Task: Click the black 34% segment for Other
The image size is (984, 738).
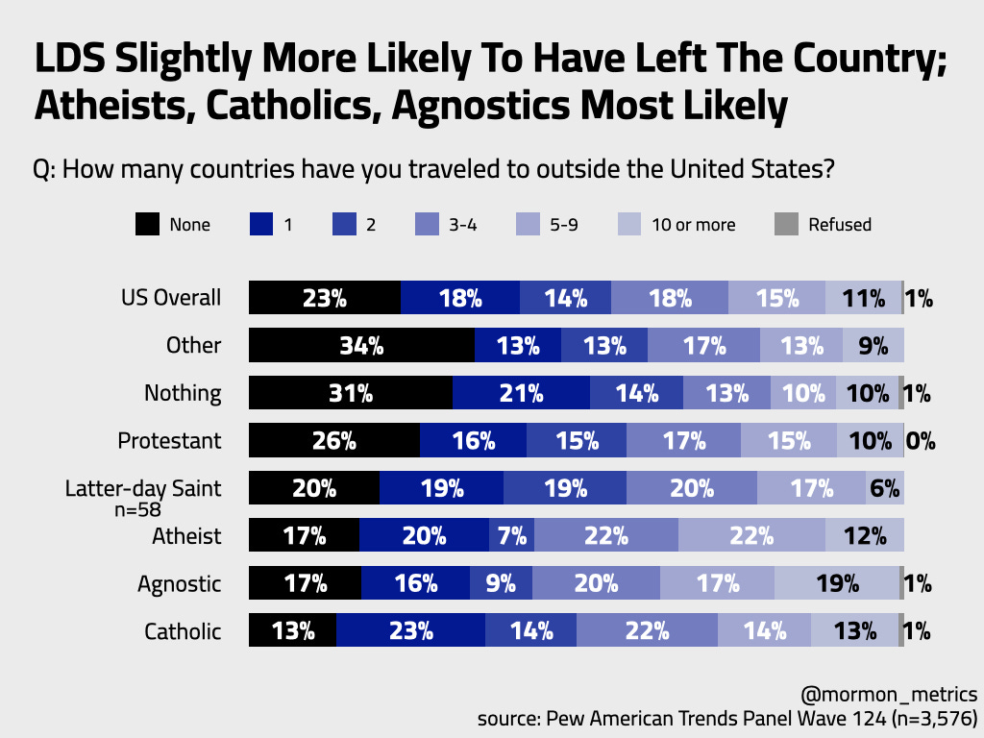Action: pyautogui.click(x=361, y=346)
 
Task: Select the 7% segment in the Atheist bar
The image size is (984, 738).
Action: pyautogui.click(x=511, y=536)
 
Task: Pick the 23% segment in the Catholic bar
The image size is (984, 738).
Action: pyautogui.click(x=410, y=631)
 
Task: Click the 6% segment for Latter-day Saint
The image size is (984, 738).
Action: pyautogui.click(x=884, y=488)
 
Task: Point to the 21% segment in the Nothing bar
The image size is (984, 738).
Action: pyautogui.click(x=521, y=393)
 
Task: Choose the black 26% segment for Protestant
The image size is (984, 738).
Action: pyautogui.click(x=334, y=441)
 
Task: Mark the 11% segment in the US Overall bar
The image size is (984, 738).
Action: pyautogui.click(x=863, y=298)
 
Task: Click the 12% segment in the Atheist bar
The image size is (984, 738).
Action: pyautogui.click(x=864, y=536)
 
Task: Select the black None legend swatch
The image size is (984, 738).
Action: pyautogui.click(x=146, y=225)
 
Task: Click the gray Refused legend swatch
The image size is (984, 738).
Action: pyautogui.click(x=786, y=225)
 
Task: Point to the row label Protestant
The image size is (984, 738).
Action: pyautogui.click(x=169, y=441)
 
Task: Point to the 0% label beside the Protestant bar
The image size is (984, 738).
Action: pyautogui.click(x=921, y=441)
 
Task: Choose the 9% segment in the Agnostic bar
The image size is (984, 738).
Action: pyautogui.click(x=501, y=583)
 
